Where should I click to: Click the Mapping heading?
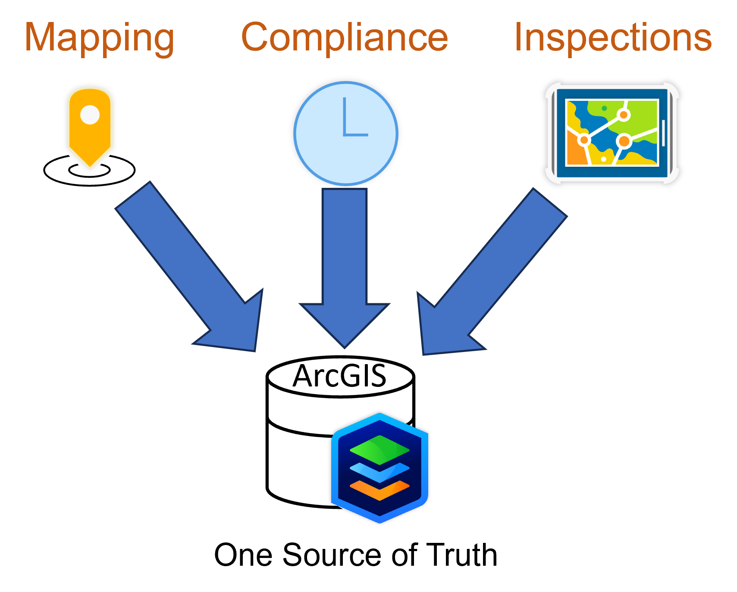(x=100, y=39)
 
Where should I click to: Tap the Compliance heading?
(x=345, y=37)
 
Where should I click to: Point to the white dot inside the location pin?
(x=90, y=115)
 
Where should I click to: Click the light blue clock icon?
(x=345, y=133)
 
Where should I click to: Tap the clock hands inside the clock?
(x=354, y=117)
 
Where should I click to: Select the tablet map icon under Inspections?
(x=612, y=133)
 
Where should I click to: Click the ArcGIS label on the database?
(x=339, y=376)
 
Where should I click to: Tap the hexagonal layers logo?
(x=379, y=468)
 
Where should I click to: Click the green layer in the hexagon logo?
(x=379, y=450)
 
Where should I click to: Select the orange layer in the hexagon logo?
(x=379, y=490)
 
